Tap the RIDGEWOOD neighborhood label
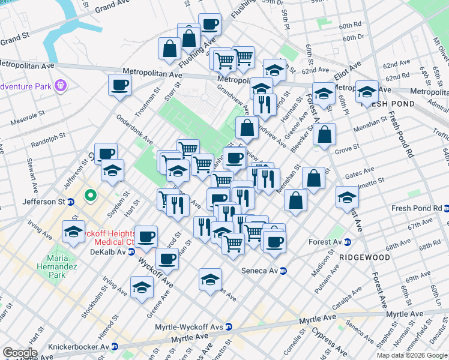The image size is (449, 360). [x=364, y=257]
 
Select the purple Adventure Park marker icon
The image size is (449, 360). [x=60, y=86]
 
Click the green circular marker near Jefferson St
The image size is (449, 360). [x=91, y=195]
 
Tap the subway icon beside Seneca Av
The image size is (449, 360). [x=283, y=271]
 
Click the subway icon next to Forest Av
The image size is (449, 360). [x=347, y=242]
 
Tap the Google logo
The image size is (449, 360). [x=20, y=353]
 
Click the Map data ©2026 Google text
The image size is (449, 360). [x=412, y=355]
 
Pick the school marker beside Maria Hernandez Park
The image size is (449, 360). [x=73, y=232]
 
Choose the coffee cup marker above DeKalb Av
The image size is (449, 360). [x=146, y=237]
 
